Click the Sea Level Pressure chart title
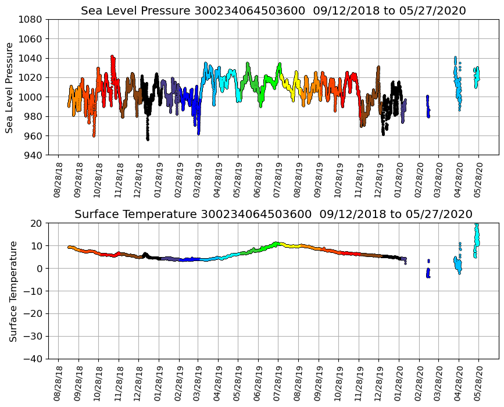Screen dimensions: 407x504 coord(273,11)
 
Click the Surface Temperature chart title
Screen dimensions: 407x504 coord(273,215)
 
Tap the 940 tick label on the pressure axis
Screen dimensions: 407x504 coord(33,155)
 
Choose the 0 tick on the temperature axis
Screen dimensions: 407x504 coord(40,269)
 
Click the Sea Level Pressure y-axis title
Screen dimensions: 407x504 coord(10,87)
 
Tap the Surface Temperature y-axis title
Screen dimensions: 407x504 coord(12,291)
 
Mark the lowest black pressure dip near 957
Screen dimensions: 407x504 coord(148,138)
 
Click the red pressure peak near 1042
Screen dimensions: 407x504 coord(112,57)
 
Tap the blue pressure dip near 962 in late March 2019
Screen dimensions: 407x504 coord(198,133)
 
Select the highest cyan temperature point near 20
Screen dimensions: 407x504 coord(477,224)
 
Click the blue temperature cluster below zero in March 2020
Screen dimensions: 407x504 coord(428,273)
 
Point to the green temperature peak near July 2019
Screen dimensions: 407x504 coord(276,243)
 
